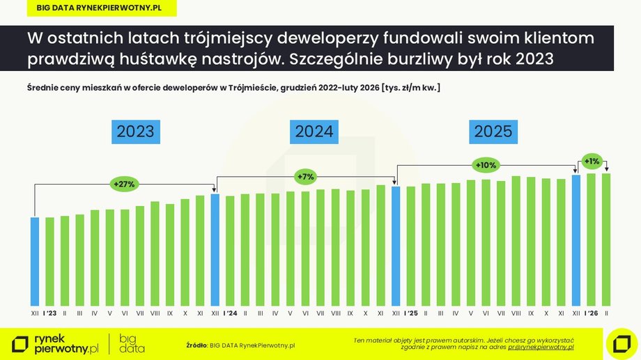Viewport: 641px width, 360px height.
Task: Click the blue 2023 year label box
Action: coord(135,132)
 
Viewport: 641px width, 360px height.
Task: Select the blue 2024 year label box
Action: coord(314,132)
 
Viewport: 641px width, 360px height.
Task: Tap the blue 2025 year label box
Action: coord(493,132)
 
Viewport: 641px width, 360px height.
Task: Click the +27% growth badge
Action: coord(123,185)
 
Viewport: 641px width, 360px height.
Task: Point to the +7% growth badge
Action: coord(305,177)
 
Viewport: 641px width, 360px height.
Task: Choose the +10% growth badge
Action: coord(485,165)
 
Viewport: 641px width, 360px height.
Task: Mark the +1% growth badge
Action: coord(592,161)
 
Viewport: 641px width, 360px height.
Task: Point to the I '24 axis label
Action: coord(230,313)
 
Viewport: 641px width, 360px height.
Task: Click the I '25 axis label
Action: coord(410,313)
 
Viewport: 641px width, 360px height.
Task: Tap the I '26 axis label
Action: coord(592,313)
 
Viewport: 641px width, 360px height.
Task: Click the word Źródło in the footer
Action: coord(196,345)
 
